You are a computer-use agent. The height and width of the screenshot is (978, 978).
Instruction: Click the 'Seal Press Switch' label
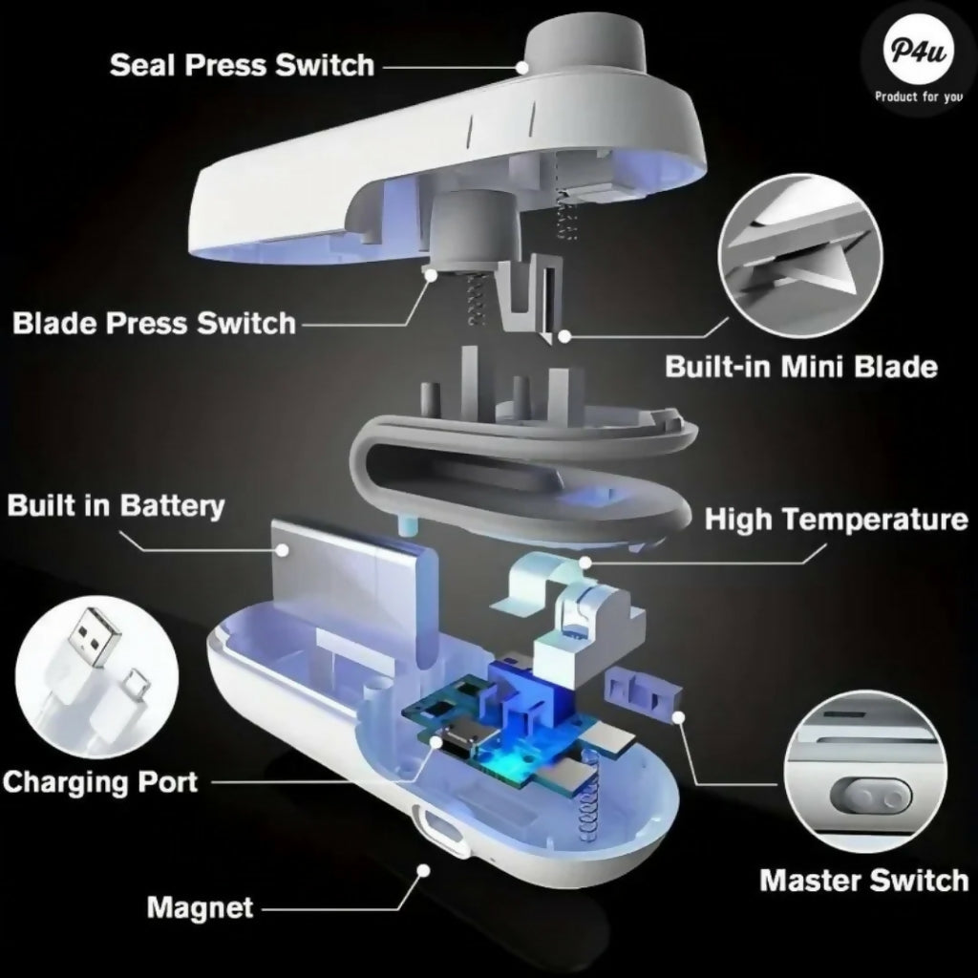(x=242, y=65)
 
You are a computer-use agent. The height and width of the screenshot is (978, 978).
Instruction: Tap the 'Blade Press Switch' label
(x=154, y=323)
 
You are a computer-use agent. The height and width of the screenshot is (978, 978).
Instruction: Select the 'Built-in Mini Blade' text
(x=800, y=367)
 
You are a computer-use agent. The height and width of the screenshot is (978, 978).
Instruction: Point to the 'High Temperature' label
(x=836, y=520)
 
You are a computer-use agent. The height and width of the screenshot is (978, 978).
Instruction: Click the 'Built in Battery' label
(x=116, y=505)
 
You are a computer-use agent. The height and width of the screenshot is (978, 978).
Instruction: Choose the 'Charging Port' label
(x=99, y=781)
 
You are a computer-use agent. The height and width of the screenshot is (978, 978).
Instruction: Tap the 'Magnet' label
(x=200, y=906)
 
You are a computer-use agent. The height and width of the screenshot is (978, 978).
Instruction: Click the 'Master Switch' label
(x=863, y=880)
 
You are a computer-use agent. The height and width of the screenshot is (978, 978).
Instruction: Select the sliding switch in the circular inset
(x=869, y=796)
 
